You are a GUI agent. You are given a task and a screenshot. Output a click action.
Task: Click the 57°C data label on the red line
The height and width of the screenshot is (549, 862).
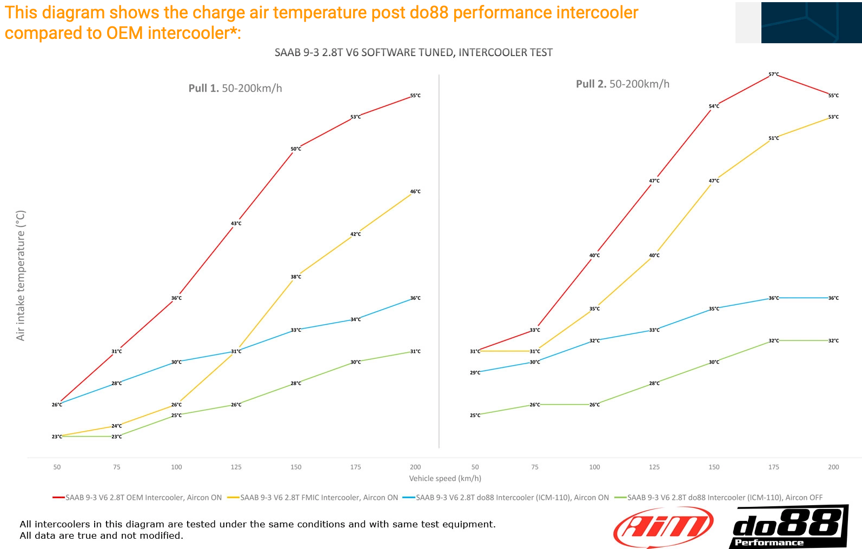coord(774,75)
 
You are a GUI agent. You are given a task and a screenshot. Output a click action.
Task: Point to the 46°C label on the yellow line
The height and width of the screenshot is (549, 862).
coord(415,192)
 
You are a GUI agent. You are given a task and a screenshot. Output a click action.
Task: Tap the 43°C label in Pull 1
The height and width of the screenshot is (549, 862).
coord(236,224)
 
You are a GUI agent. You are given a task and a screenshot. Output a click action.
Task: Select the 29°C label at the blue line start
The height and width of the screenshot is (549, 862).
coord(475,373)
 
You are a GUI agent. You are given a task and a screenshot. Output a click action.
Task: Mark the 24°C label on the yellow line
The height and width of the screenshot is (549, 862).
coord(117,426)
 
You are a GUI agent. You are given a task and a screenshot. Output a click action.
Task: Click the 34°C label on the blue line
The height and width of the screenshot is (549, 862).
coord(355,320)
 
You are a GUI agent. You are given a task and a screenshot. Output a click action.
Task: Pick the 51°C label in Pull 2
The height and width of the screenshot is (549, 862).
coord(774,138)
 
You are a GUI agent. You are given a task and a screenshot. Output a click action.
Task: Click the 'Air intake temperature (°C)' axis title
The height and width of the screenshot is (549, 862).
coord(21,276)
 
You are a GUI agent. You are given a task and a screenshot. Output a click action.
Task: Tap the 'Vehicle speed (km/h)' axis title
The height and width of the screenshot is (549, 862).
coord(445,478)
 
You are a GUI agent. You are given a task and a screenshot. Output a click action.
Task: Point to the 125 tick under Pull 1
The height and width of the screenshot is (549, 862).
coord(236,467)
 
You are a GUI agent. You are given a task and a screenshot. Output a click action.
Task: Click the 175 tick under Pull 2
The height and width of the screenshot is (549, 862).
coord(774,467)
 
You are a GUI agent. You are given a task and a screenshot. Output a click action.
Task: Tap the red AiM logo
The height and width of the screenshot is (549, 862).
coord(664,527)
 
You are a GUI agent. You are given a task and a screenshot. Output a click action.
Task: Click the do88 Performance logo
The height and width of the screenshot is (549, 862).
coord(788,527)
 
